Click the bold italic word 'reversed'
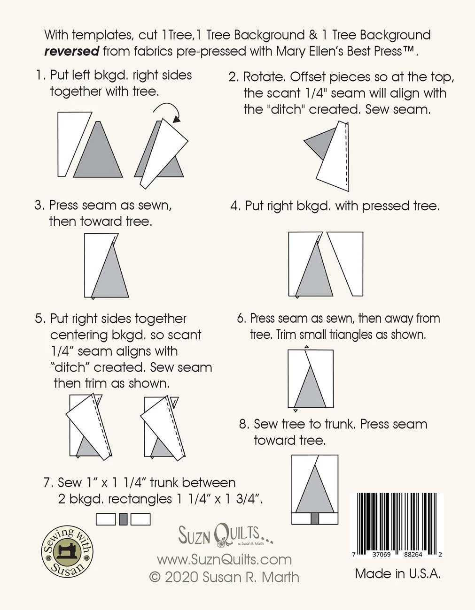[x=71, y=51]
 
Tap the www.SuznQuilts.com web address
[x=224, y=559]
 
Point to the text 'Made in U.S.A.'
[x=397, y=573]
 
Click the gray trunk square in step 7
[x=124, y=519]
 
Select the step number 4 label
[x=235, y=206]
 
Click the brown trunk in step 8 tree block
[x=315, y=518]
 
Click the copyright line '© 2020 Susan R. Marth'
[x=224, y=577]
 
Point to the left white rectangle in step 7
[x=106, y=519]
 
